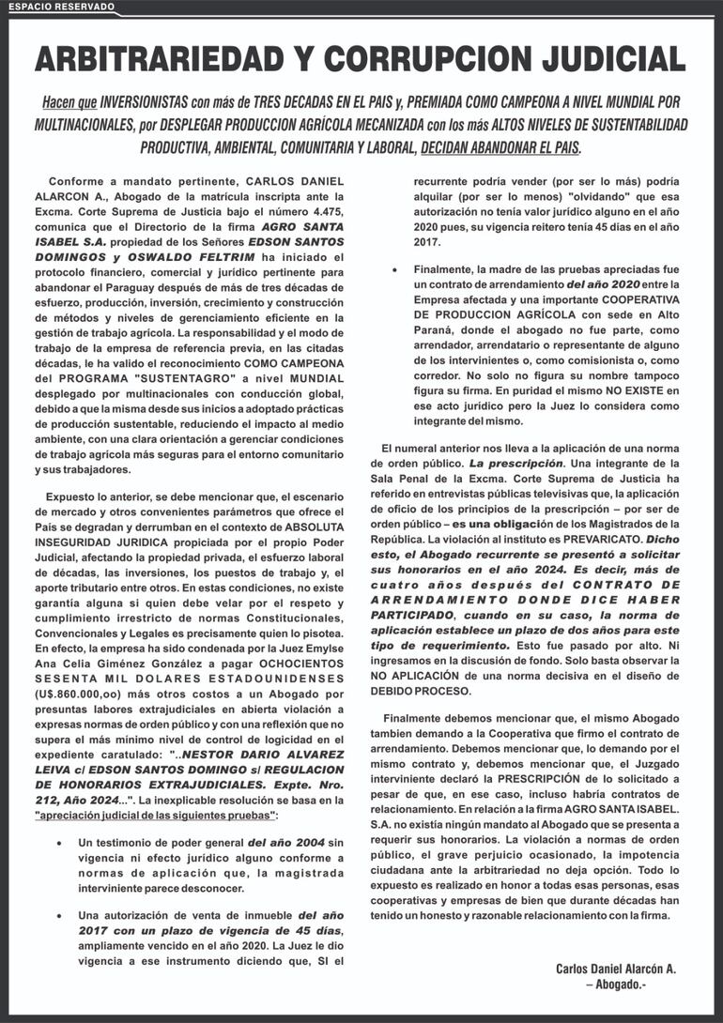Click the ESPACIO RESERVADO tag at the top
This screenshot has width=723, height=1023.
[x=61, y=8]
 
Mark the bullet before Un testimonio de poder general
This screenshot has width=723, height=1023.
[x=59, y=843]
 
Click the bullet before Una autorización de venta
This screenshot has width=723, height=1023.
[x=59, y=915]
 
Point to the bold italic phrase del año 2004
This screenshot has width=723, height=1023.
[x=284, y=843]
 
